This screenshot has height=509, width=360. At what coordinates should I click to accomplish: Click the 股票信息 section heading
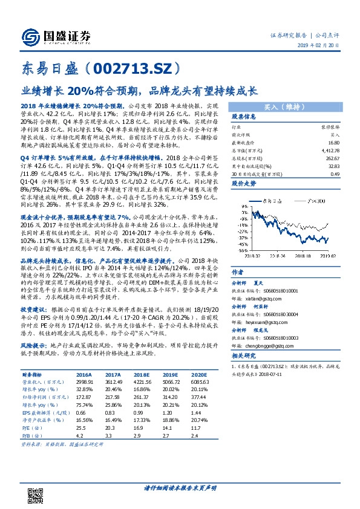[x=244, y=117]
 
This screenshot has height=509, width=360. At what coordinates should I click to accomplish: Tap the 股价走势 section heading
[x=244, y=181]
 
